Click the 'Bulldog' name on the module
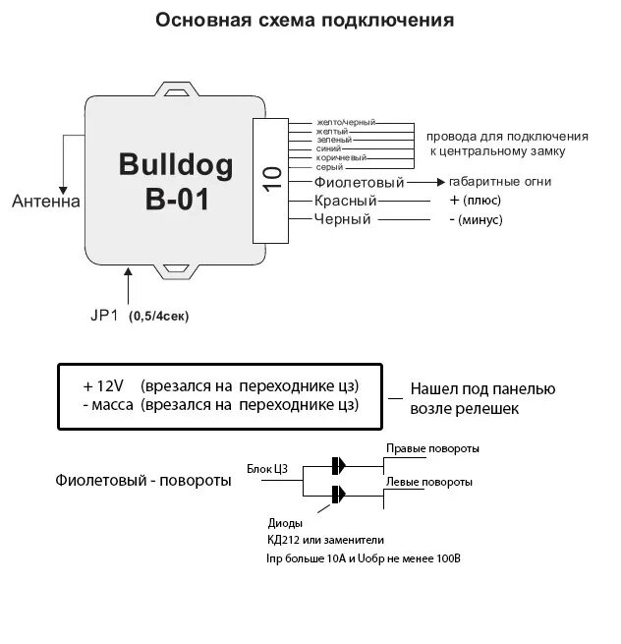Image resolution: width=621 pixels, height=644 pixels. pos(176,164)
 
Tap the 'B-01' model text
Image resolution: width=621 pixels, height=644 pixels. pos(176,201)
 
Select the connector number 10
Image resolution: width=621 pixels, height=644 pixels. pos(272,177)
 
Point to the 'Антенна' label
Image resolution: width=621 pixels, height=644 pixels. pos(46,202)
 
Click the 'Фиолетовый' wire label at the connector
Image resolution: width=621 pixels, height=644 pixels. pos(360,182)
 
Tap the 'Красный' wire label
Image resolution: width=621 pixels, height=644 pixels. pos(346,201)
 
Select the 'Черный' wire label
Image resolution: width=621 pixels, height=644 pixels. pos(342,219)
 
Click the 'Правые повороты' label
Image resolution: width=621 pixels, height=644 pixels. pos(432,448)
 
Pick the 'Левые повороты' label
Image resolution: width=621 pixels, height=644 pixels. pos(428,482)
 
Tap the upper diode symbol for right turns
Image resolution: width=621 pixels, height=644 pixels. pos(338,466)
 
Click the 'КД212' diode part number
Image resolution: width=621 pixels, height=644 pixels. pos(284,540)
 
